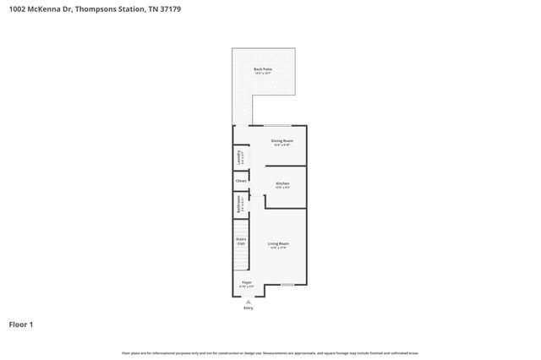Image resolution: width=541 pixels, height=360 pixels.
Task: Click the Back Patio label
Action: coord(263,69)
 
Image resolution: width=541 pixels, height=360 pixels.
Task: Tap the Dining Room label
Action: coord(281,140)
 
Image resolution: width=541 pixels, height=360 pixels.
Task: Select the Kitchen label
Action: coord(282,183)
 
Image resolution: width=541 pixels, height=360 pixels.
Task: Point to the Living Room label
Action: coord(278,243)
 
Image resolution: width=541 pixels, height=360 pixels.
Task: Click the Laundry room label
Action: coord(240,157)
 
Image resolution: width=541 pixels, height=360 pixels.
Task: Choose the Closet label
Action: coord(241,181)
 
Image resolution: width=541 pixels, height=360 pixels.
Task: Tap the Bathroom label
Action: coord(240,204)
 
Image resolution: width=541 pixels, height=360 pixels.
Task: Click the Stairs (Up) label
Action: coord(241,241)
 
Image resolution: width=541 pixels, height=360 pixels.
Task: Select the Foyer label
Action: coord(247,282)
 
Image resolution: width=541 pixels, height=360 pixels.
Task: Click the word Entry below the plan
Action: coord(248,308)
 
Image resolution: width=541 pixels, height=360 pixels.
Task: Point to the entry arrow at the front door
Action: coord(248,301)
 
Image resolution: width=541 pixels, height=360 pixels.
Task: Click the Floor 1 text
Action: coord(21,324)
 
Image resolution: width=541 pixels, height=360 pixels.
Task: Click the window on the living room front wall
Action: coord(287,285)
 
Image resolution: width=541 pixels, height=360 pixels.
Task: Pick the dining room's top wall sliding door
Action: coord(277,126)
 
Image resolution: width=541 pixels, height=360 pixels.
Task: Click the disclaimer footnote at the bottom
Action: coord(270,352)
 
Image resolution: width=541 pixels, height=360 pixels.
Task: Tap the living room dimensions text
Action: coord(278,248)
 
